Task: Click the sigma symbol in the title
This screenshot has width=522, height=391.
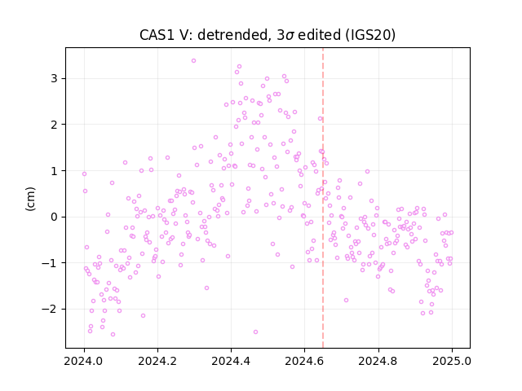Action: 290,36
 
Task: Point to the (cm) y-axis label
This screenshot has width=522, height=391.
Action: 30,199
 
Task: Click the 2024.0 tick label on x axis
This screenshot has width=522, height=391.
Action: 83,361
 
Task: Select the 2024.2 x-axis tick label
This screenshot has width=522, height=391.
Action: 157,361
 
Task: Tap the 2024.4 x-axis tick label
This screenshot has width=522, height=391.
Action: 231,361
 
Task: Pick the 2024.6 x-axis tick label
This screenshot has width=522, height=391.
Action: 304,361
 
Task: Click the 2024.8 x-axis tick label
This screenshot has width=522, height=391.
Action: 378,361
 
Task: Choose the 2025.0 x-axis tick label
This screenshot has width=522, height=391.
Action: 452,361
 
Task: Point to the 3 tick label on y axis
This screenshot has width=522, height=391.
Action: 54,79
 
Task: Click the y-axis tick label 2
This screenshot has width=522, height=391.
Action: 54,125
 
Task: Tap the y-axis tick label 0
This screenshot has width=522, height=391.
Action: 54,217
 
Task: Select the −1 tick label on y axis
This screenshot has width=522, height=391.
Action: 49,263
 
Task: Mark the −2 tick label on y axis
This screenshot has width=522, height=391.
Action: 49,310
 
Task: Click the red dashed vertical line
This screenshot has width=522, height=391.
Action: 323,198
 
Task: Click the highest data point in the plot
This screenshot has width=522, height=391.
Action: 194,61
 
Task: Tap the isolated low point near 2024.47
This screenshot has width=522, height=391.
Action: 255,332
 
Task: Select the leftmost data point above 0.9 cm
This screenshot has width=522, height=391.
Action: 84,174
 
